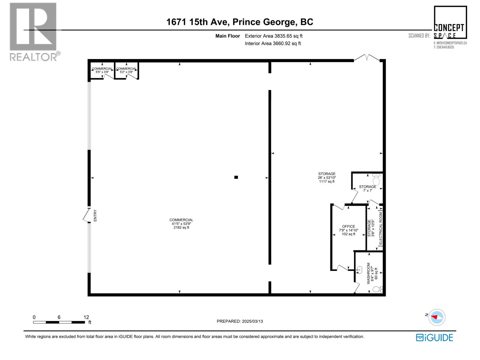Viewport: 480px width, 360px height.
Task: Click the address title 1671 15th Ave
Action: tap(239, 22)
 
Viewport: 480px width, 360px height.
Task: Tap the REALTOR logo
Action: tap(34, 31)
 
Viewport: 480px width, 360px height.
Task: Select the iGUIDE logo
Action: tap(434, 337)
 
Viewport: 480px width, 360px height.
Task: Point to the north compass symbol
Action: tap(436, 317)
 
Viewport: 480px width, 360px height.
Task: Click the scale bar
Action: tap(59, 322)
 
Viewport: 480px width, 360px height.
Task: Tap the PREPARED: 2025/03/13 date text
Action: tap(240, 321)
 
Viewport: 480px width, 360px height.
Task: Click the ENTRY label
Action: tap(95, 215)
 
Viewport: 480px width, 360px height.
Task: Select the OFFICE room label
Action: tap(349, 226)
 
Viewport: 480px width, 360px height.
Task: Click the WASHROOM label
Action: tap(368, 273)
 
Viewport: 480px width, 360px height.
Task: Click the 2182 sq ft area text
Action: tap(181, 227)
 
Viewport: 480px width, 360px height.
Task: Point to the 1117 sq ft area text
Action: tap(327, 181)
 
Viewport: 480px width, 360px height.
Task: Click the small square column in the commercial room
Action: tap(236, 177)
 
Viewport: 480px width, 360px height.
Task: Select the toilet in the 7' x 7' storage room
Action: tap(376, 180)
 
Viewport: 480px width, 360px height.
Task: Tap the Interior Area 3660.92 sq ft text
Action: tap(273, 43)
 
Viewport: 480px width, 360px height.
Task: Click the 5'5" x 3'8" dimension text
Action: tap(102, 72)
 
